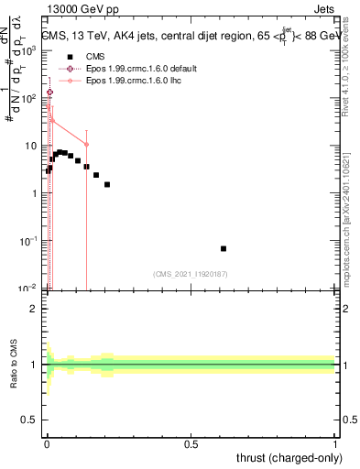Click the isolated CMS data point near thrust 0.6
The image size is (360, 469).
click(224, 248)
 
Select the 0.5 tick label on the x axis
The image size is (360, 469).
click(191, 444)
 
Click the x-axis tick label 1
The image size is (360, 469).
click(335, 444)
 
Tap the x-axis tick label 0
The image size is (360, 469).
click(47, 444)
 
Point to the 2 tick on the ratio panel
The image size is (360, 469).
click(33, 309)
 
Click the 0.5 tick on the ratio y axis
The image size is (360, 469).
click(29, 421)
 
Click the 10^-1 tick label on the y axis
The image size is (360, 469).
click(30, 241)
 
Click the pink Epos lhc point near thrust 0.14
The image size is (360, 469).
click(86, 144)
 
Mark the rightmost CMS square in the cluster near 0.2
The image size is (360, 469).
click(107, 184)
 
